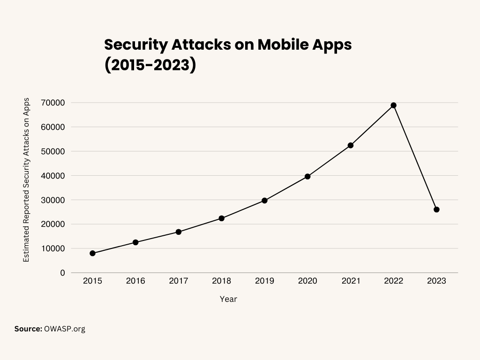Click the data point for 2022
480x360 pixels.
[x=394, y=105]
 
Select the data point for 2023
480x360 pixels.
[x=436, y=210]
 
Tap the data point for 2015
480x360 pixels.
[x=92, y=253]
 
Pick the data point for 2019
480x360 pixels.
[x=264, y=201]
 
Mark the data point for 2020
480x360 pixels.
[x=307, y=176]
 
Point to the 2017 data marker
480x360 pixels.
[x=179, y=232]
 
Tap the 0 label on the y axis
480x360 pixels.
[x=62, y=273]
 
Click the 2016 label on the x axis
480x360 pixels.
[x=135, y=281]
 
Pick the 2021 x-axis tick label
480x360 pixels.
[x=351, y=281]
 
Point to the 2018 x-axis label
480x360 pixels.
[x=221, y=281]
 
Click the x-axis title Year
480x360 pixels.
[x=228, y=299]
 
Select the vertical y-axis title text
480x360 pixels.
[x=26, y=180]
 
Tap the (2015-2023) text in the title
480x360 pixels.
[x=150, y=65]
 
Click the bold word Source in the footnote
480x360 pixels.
[x=28, y=329]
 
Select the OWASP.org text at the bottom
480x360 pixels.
[x=65, y=329]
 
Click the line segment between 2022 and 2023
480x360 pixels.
[x=415, y=157]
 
